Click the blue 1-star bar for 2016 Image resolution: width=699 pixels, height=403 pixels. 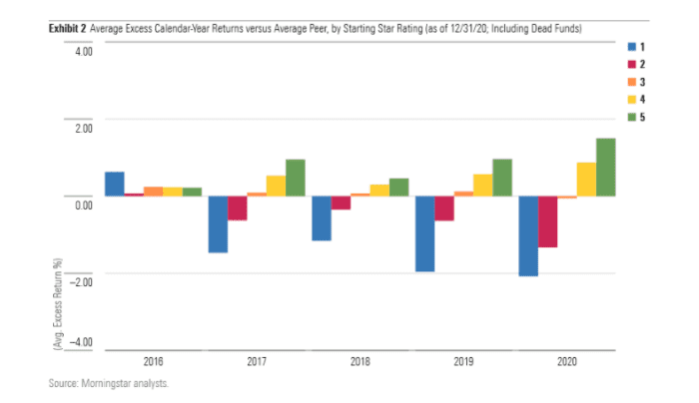coord(114,185)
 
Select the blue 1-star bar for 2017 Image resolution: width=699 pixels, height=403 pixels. coord(218,224)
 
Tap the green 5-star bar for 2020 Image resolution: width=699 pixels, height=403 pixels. coord(605,168)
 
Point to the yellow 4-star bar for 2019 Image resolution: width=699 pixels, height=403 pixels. coord(482,186)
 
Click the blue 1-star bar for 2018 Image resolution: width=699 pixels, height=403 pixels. coord(321,218)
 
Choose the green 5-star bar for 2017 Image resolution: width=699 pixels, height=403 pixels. coord(296,178)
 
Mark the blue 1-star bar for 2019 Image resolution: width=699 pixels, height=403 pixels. coord(424,233)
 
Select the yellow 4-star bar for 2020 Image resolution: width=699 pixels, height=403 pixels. coord(585,180)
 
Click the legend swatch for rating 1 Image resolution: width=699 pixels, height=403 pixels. coord(631,47)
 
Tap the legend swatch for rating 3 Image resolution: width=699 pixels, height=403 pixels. coord(631,81)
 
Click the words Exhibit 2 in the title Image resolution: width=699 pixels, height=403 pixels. coord(67,30)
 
